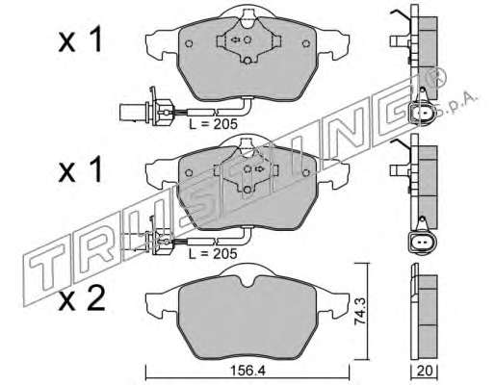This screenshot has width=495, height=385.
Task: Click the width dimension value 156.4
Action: coord(248,372)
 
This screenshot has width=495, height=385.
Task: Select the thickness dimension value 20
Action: coord(425,371)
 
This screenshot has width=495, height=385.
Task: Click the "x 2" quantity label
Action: coord(82,299)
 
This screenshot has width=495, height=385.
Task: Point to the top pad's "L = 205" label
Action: coord(213,124)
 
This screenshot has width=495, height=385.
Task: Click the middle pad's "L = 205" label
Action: coord(213,254)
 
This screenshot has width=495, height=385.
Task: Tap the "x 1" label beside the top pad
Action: coord(80,39)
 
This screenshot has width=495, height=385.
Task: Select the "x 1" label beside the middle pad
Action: coord(80,169)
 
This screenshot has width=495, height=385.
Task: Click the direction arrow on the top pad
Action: coord(236,39)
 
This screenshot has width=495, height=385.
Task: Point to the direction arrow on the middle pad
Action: coord(258,169)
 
